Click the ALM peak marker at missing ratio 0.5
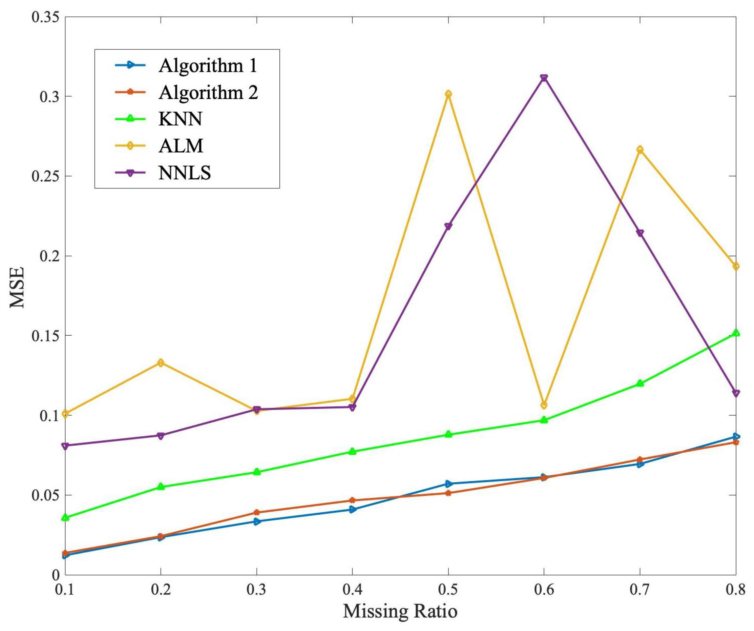click(448, 94)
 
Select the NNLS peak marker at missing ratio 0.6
click(544, 78)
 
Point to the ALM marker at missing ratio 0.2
click(161, 362)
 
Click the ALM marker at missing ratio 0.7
click(640, 150)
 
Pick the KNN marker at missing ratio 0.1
click(65, 517)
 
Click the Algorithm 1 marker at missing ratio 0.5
click(448, 484)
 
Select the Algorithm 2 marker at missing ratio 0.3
click(257, 512)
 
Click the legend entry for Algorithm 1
click(208, 65)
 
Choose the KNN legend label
click(180, 119)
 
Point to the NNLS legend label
click(185, 173)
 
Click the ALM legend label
click(181, 146)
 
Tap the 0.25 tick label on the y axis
click(44, 176)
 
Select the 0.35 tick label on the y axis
click(44, 17)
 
